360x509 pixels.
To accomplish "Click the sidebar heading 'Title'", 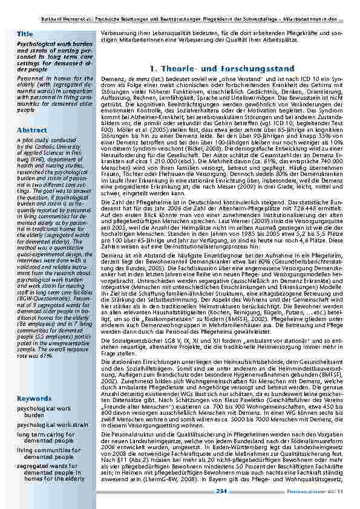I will tap(25, 34).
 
